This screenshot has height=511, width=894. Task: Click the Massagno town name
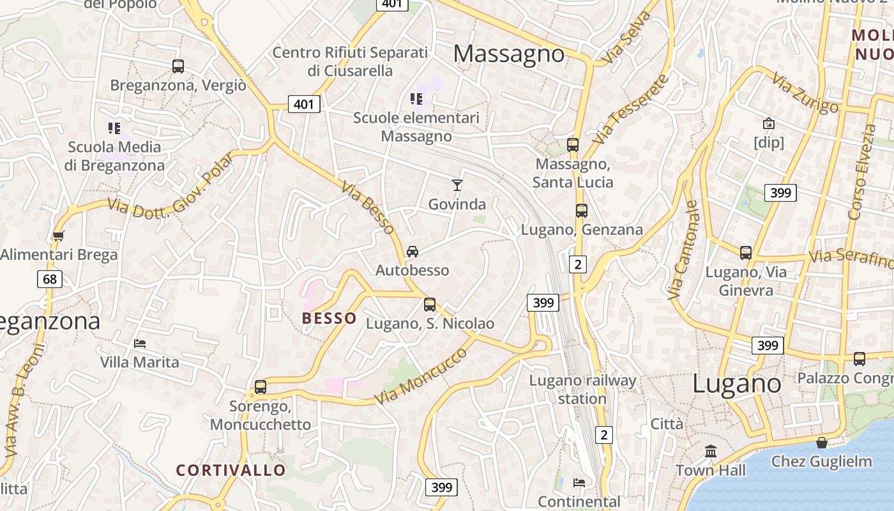tap(508, 54)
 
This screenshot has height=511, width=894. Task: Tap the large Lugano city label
tap(737, 384)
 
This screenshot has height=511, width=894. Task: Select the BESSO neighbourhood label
tap(329, 318)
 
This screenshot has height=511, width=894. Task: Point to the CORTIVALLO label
tap(231, 470)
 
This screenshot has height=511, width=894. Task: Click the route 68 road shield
tap(50, 279)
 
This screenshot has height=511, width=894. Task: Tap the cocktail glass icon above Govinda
tap(457, 185)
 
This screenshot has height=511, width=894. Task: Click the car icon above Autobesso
tap(413, 252)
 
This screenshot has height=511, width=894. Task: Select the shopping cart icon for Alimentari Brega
tap(59, 236)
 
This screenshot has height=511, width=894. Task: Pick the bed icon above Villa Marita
tap(140, 344)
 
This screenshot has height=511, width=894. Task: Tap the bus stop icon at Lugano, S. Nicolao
tap(430, 305)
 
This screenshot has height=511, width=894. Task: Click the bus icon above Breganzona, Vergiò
tap(178, 66)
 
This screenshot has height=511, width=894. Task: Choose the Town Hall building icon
tap(711, 451)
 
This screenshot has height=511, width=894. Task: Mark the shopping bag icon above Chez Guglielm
tap(822, 442)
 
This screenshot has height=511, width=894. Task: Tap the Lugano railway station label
tap(582, 390)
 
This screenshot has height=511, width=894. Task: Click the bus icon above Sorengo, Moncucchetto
tap(260, 386)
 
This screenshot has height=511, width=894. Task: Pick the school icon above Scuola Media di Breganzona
tap(114, 128)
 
